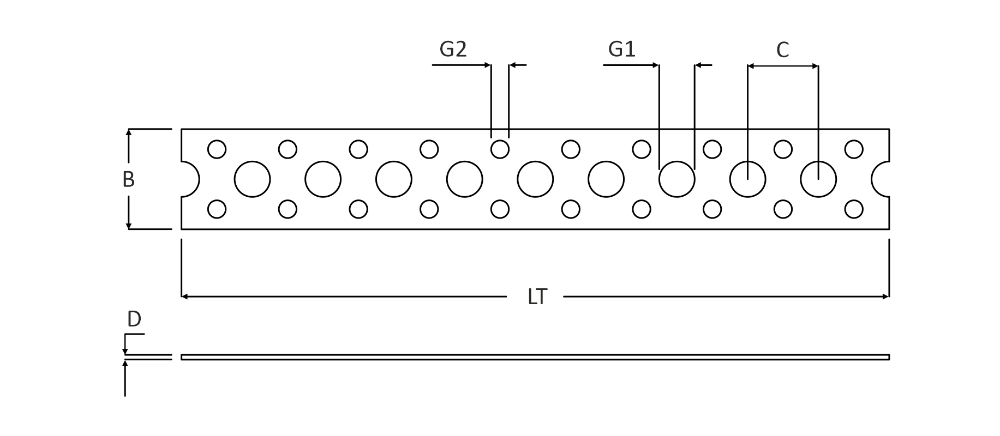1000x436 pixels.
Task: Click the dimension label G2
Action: [453, 50]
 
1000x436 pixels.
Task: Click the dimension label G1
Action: [622, 50]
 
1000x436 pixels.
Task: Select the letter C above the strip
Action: [782, 50]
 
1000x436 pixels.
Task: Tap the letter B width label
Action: [128, 179]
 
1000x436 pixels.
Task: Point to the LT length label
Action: [537, 297]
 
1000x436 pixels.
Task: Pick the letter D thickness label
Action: [134, 319]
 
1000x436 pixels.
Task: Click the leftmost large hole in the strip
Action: [252, 179]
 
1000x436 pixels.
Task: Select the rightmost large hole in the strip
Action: [818, 179]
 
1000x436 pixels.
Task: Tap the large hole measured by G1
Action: [676, 179]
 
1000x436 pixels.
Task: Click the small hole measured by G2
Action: [500, 149]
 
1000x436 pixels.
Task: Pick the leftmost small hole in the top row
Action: [217, 149]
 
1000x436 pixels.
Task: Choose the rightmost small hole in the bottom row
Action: [854, 209]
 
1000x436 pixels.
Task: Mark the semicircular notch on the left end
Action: [190, 179]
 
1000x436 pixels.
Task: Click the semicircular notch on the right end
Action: [881, 179]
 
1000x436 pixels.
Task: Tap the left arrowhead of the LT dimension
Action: [185, 296]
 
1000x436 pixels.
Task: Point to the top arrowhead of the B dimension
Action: [129, 132]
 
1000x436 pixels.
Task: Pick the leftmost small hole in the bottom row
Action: [217, 209]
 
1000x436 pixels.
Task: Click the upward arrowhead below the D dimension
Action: [125, 364]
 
